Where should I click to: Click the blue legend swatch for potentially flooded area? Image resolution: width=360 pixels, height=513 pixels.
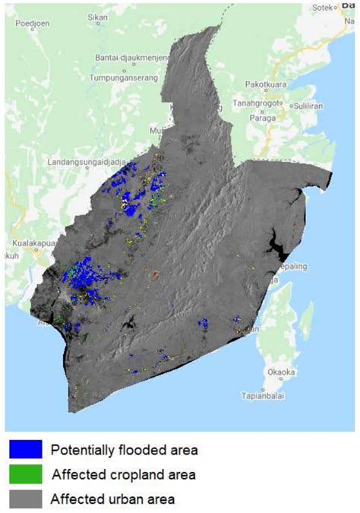[25, 449]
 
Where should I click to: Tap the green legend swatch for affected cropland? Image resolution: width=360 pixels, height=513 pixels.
[25, 474]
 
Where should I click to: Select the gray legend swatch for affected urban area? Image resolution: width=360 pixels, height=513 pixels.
[25, 499]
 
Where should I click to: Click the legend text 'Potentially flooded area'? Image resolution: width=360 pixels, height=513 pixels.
[124, 450]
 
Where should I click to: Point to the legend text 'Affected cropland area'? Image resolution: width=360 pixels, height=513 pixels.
[124, 475]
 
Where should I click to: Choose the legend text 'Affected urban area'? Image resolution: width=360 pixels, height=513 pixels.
[113, 499]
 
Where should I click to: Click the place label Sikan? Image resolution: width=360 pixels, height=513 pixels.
[97, 16]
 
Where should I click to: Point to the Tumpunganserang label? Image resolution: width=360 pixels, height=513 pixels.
[123, 78]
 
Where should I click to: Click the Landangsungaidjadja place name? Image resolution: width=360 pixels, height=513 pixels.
[86, 162]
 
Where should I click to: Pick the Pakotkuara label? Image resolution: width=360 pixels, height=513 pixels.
[267, 86]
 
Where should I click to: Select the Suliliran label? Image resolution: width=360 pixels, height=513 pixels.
[309, 104]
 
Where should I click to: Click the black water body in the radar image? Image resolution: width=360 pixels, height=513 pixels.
[274, 245]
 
